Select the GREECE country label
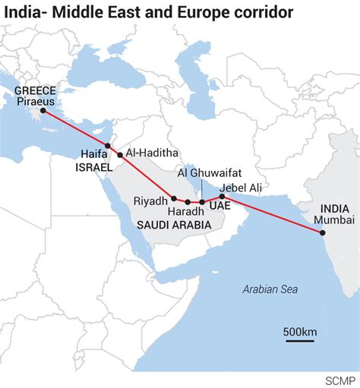(35, 90)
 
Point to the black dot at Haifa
(108, 146)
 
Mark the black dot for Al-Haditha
(120, 155)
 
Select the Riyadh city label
(150, 200)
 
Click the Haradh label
(186, 211)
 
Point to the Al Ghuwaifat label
(201, 172)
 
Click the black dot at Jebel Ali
(222, 196)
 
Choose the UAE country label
(219, 206)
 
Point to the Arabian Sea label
(270, 289)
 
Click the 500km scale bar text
(300, 332)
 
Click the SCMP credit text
(340, 378)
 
